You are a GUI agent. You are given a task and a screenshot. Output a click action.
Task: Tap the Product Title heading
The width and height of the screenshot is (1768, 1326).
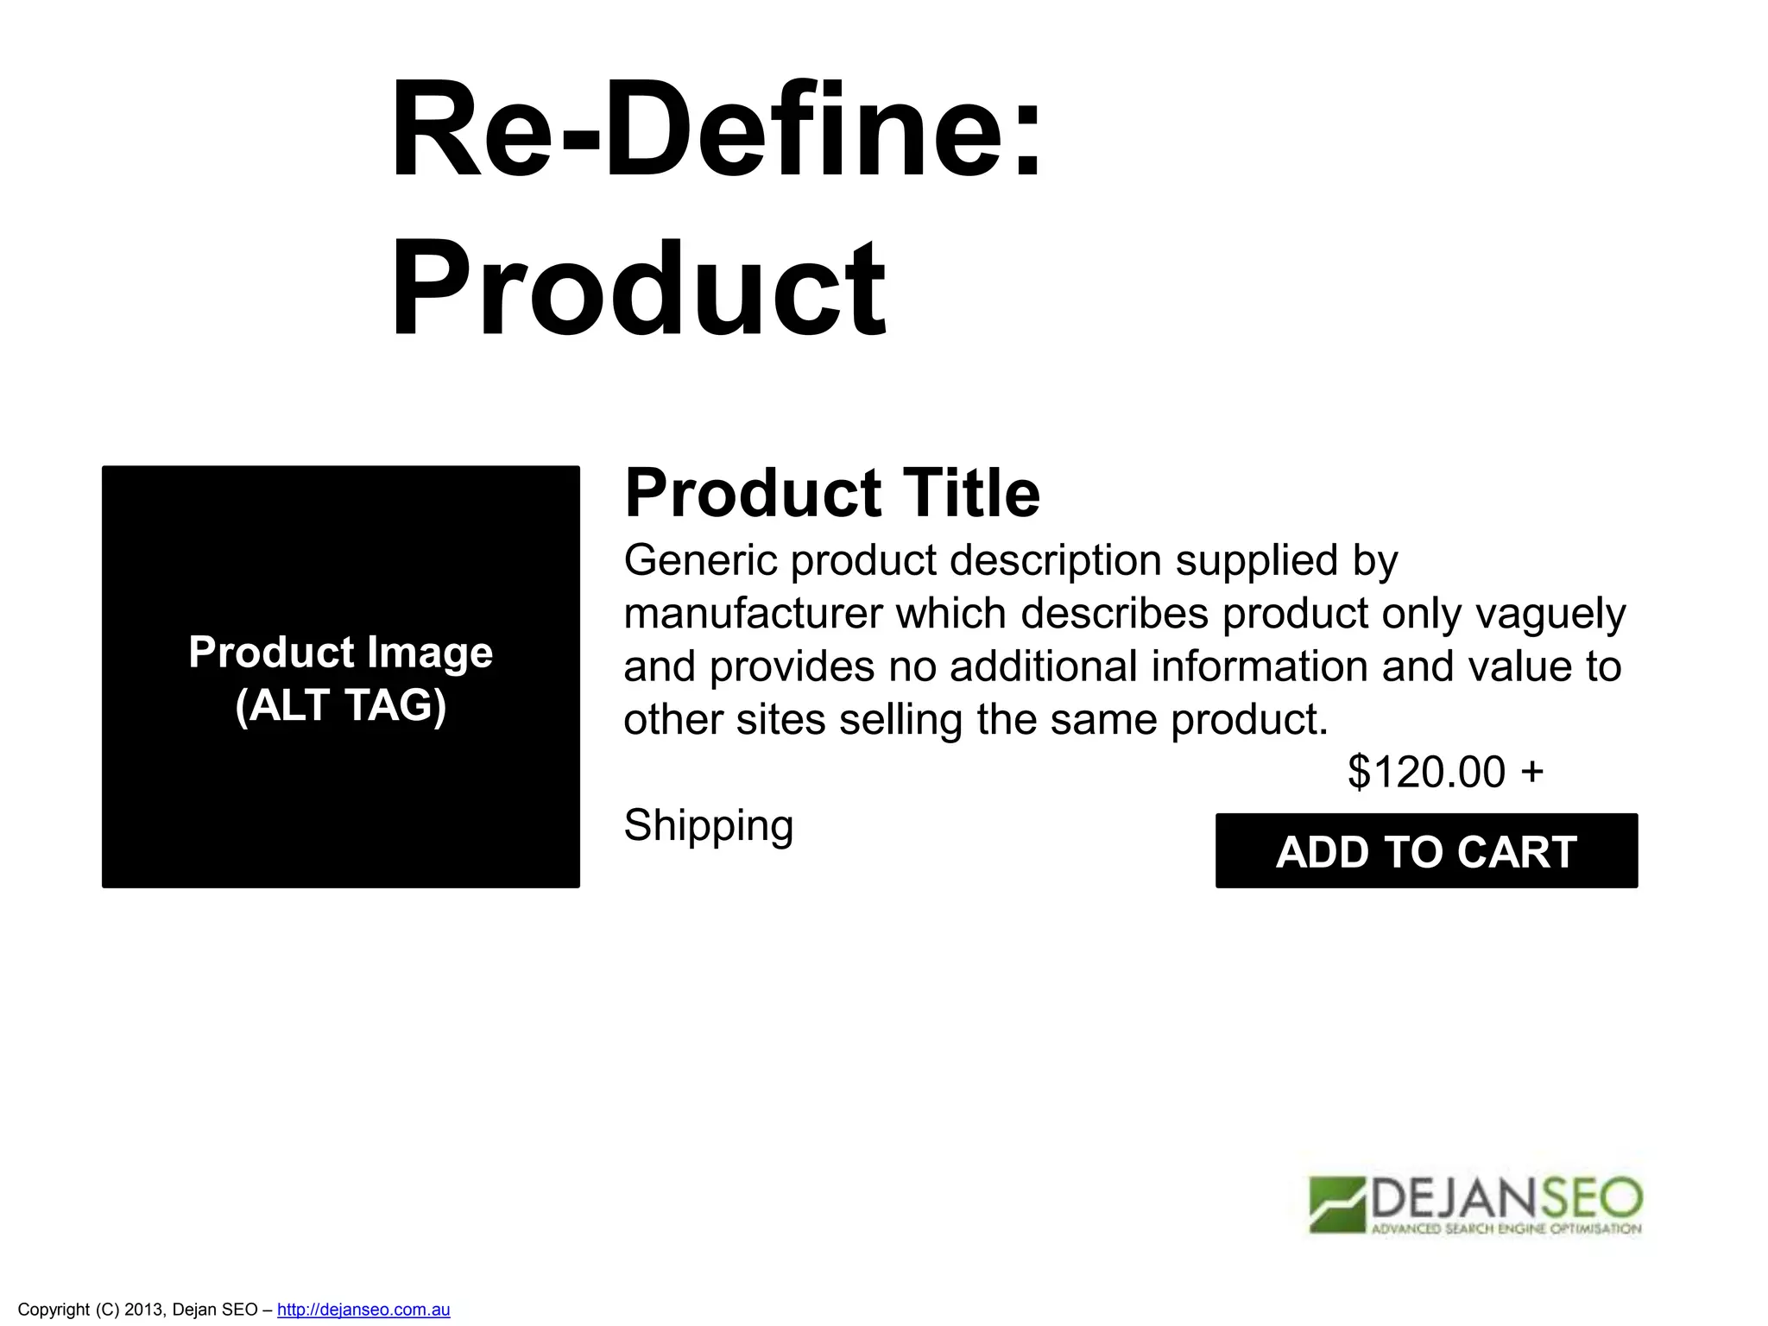click(831, 493)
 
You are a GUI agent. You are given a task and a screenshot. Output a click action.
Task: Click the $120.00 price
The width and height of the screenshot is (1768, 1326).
click(1426, 772)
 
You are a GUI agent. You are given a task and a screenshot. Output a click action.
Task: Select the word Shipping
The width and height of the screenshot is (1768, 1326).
click(708, 825)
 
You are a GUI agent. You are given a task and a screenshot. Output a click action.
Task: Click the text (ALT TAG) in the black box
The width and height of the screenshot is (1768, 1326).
click(341, 705)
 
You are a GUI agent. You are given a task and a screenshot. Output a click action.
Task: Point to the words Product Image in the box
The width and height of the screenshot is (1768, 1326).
click(341, 652)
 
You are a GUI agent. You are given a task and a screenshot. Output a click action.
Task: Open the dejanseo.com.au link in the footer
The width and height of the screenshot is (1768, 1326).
click(363, 1310)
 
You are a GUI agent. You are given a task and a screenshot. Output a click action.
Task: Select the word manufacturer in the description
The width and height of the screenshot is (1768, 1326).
click(753, 614)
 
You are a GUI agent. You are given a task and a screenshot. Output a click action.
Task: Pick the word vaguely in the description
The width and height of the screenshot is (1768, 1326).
click(1550, 614)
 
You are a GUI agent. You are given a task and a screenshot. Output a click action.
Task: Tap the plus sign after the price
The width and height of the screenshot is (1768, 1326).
click(1532, 771)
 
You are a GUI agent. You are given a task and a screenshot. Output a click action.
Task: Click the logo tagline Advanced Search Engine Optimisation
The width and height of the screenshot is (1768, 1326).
click(1506, 1228)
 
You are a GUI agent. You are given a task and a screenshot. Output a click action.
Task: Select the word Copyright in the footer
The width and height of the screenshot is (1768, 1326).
click(54, 1310)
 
